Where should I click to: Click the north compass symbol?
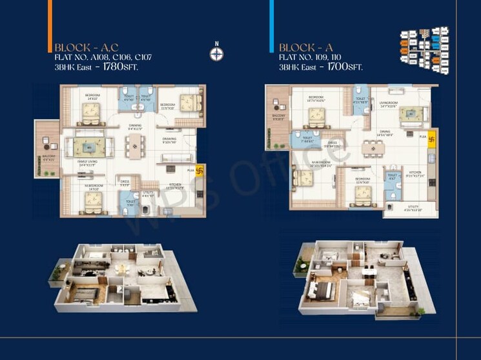pos(218,52)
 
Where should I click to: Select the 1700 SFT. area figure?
pos(345,66)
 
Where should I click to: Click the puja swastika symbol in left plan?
pos(199,171)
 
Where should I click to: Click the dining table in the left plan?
pos(135,146)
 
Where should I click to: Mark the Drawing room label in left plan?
pos(169,140)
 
